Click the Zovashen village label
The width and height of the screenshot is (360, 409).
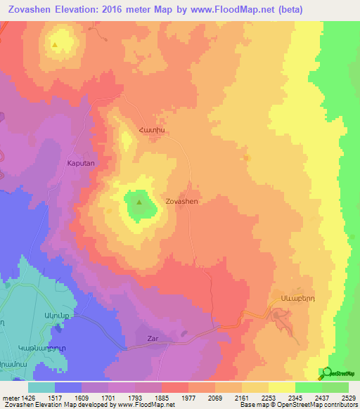(x=181, y=201)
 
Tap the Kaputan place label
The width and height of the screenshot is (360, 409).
(x=80, y=162)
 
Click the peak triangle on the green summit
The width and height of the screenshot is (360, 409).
(x=139, y=203)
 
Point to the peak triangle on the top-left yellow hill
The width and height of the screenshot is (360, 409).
(x=55, y=45)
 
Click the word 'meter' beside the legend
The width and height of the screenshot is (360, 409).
(x=11, y=398)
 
